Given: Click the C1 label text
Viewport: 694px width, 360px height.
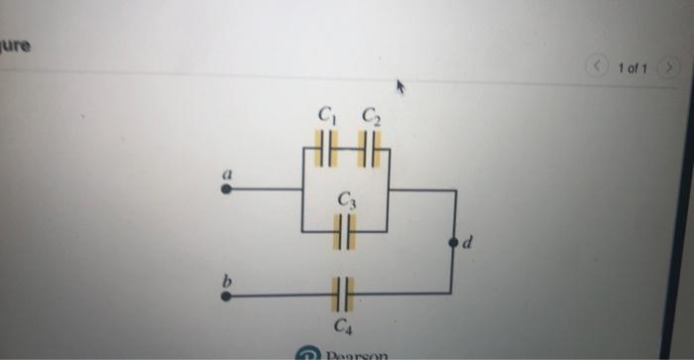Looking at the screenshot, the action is [x=327, y=116].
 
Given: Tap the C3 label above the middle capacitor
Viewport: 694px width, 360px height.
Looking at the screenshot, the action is [x=346, y=199].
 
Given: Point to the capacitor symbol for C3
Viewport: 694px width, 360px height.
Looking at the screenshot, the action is [x=344, y=232].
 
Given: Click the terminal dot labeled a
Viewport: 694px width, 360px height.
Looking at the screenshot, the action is [x=227, y=188].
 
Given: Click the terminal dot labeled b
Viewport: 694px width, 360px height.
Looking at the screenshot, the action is [x=227, y=295].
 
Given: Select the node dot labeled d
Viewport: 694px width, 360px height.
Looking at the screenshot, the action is [x=455, y=241].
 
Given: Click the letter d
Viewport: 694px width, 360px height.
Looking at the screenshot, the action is [x=470, y=241].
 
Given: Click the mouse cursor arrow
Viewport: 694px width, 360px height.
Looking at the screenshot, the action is [x=402, y=88].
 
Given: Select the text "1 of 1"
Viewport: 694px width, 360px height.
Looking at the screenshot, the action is [x=632, y=68].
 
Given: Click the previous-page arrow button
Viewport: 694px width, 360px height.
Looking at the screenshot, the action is [x=598, y=67].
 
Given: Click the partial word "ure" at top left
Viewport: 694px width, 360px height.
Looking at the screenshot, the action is [x=15, y=46].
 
